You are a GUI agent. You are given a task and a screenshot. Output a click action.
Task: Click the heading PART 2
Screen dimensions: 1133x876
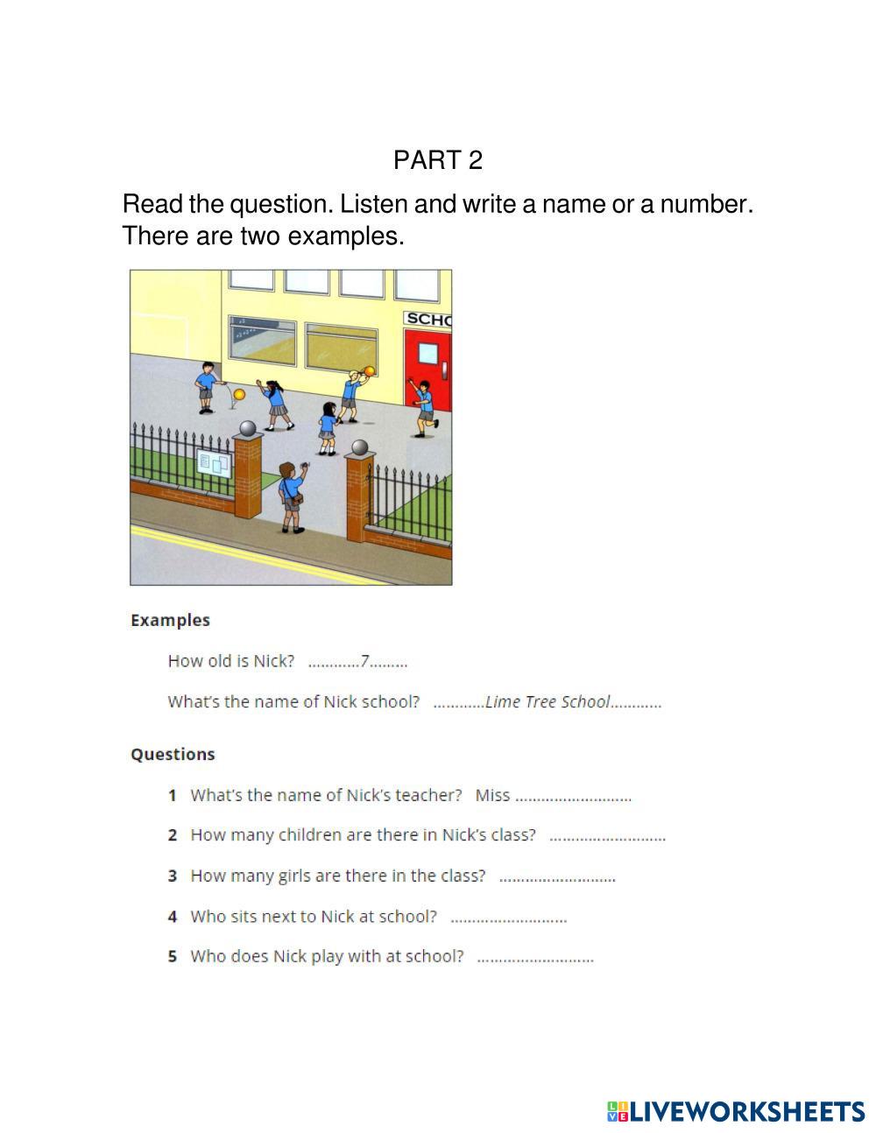point(437,160)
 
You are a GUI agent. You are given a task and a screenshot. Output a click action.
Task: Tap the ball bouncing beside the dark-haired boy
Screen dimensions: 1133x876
point(239,395)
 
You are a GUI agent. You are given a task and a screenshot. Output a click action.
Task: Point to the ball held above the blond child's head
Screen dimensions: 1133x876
point(369,370)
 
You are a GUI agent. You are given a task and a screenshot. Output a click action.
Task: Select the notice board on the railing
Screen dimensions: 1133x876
point(215,463)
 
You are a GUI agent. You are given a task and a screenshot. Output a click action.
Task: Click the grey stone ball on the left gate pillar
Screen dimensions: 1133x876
point(248,428)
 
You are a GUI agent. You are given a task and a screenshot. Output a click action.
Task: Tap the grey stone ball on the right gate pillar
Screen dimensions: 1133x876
point(359,448)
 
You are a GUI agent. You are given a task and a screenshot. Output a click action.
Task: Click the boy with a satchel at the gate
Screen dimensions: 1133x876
point(290,496)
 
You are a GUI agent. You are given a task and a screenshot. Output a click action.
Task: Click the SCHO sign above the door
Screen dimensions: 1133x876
point(427,320)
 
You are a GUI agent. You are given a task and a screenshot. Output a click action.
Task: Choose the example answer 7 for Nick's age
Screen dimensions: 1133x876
point(364,661)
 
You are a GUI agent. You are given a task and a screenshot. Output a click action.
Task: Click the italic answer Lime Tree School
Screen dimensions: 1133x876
point(547,701)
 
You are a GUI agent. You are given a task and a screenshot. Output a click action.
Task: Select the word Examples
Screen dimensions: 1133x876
point(170,620)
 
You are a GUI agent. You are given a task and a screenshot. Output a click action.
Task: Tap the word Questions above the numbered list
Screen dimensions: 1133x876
point(173,754)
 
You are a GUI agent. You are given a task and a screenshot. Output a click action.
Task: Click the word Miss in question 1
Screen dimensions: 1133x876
point(492,795)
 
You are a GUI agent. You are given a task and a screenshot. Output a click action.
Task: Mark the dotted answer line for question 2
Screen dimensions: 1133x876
point(607,837)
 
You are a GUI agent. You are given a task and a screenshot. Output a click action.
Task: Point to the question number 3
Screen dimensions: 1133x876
point(173,876)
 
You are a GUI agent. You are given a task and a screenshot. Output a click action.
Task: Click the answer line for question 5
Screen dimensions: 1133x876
point(535,958)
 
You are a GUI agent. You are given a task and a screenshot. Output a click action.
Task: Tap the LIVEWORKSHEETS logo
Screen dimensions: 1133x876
point(735,1111)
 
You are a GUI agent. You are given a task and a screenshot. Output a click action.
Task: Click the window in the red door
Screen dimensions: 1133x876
point(427,352)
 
